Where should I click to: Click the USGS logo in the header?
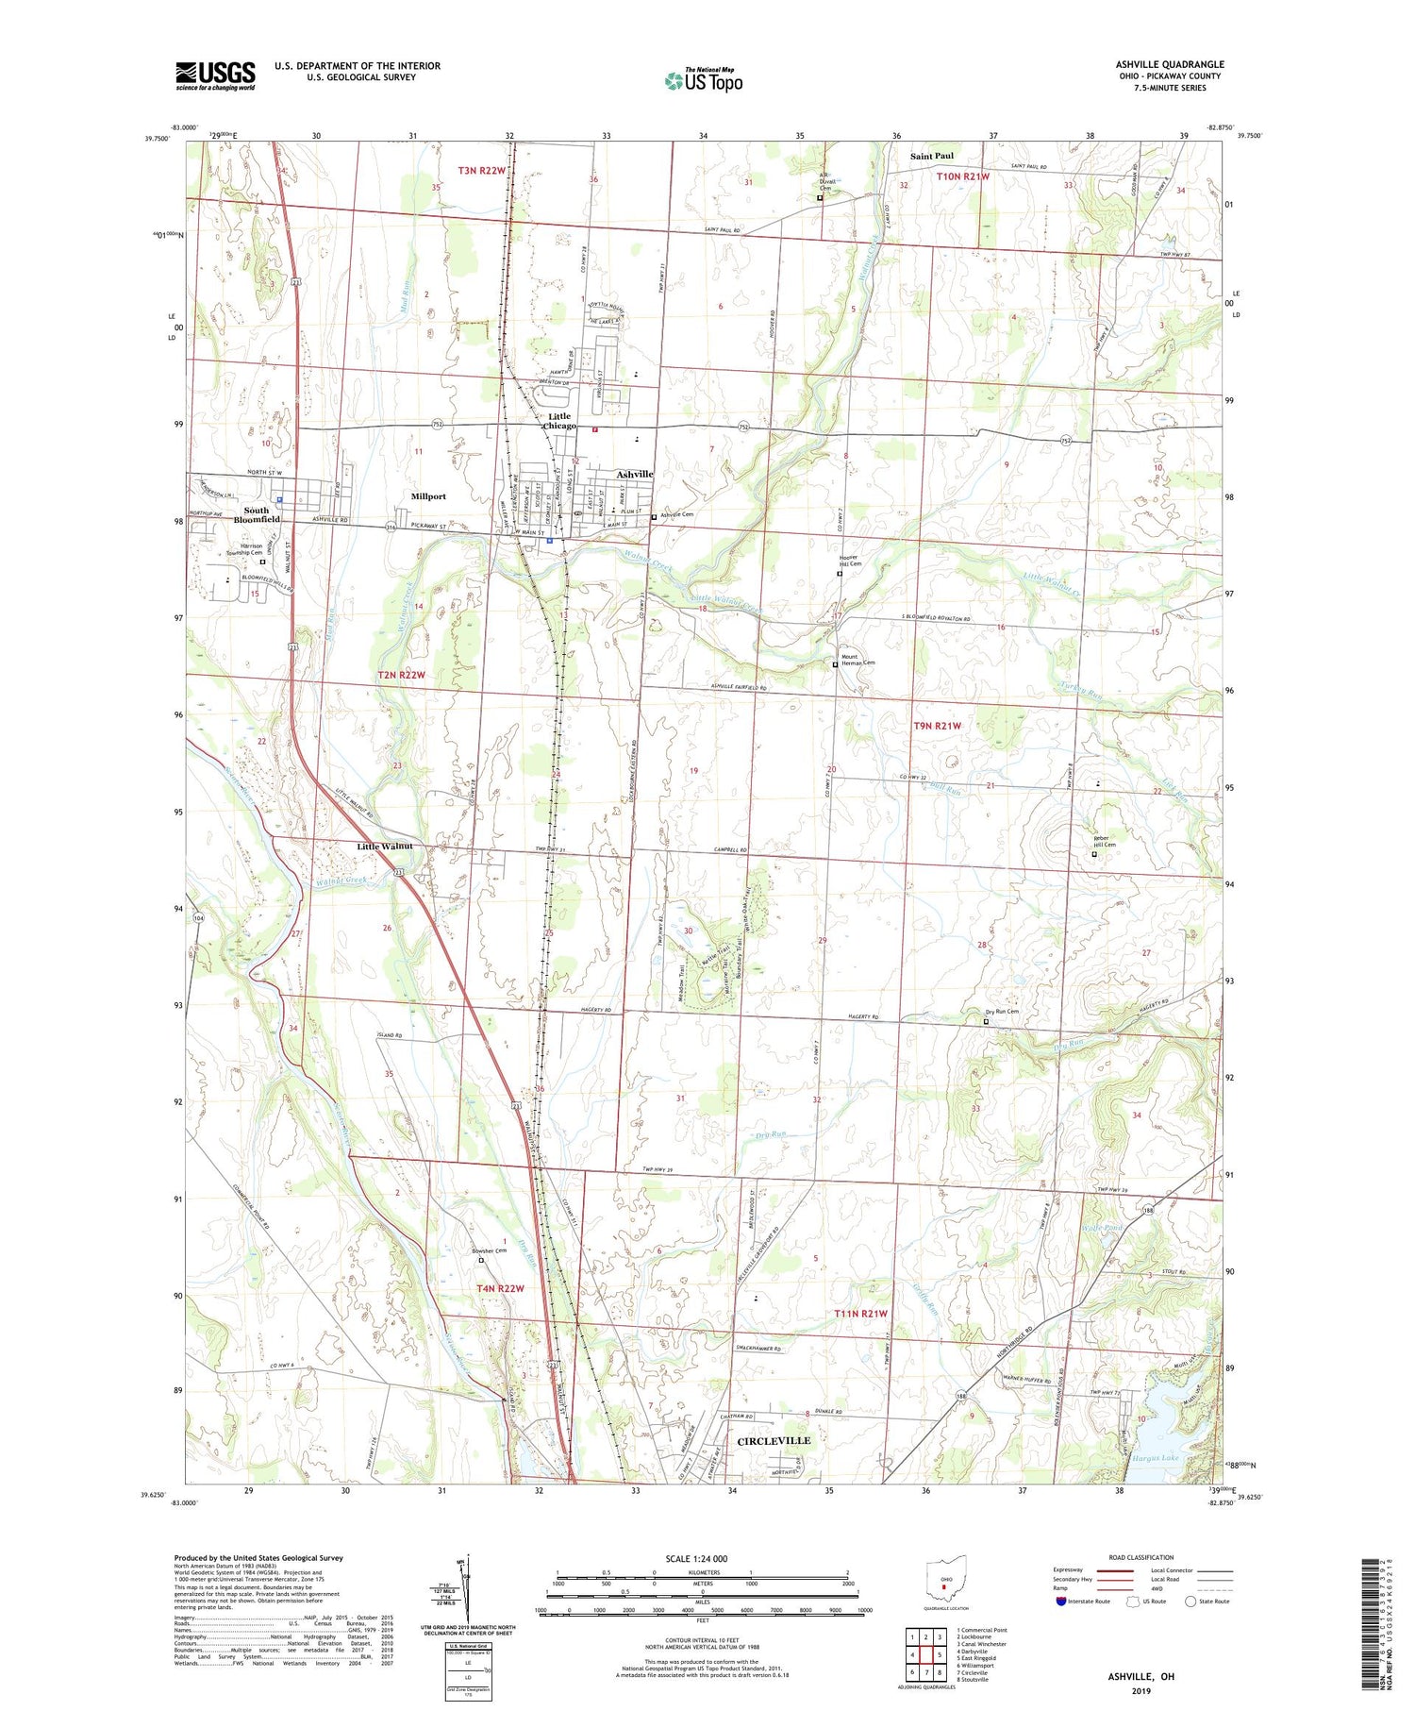click(215, 75)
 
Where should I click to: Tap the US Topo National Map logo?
click(703, 80)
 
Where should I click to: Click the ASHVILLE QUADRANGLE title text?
click(1169, 64)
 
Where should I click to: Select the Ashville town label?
click(635, 474)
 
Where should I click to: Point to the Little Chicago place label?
click(559, 421)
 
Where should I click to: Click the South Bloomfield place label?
click(257, 514)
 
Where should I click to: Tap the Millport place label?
click(428, 495)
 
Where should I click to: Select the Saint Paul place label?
click(931, 156)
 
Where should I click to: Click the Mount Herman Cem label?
click(857, 662)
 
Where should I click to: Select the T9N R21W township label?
click(937, 726)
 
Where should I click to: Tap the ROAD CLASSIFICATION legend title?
click(1141, 1557)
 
